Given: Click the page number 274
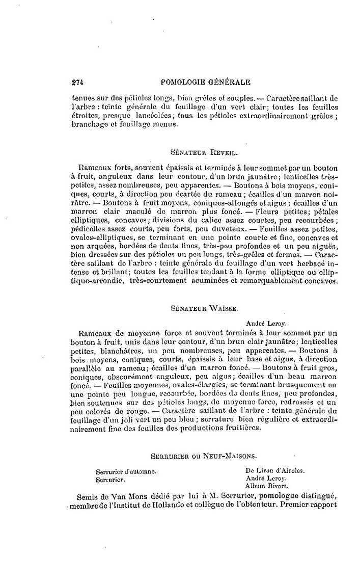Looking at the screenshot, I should pos(78,81).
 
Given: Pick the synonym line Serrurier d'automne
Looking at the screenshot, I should pos(126,472).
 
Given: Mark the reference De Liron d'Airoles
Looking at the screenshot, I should pos(275,471).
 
